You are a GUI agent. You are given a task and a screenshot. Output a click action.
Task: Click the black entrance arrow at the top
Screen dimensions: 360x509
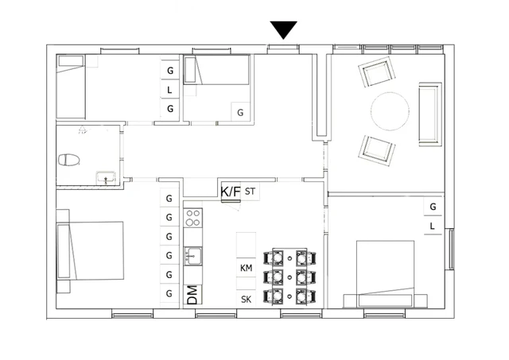[x=283, y=29]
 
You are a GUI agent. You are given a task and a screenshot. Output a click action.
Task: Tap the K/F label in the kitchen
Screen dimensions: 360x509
[x=231, y=192]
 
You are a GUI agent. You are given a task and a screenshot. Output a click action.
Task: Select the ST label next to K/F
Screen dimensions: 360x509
[x=251, y=192]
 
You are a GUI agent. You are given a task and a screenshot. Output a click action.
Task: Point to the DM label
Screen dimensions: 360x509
[x=192, y=294]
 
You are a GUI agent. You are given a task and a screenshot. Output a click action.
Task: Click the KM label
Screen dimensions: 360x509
[x=246, y=269]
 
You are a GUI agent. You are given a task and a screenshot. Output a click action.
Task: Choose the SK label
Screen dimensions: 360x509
[x=246, y=299]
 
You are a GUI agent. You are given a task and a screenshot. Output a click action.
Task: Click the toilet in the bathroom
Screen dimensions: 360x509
[x=70, y=159]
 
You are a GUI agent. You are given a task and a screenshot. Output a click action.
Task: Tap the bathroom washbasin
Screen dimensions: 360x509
[x=105, y=177]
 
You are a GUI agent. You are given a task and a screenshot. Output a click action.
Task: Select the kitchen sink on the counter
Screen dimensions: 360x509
[x=192, y=256]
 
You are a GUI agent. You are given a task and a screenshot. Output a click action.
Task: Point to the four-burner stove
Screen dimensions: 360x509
[x=192, y=218]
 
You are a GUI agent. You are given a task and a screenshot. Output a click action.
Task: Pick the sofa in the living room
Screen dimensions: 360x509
[x=429, y=113]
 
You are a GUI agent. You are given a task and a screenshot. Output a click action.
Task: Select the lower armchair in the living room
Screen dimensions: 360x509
[x=377, y=149]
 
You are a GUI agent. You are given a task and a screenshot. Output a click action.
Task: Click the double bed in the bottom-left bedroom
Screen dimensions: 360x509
[x=91, y=250]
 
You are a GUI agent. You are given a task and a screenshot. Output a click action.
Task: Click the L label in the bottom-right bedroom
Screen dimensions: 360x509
[x=432, y=226]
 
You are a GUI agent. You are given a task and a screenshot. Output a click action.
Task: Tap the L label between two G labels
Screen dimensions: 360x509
[x=169, y=90]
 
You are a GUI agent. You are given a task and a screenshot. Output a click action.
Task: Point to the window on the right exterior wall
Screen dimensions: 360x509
[x=450, y=251]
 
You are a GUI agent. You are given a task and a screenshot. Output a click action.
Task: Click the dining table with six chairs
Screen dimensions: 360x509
[x=290, y=277]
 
